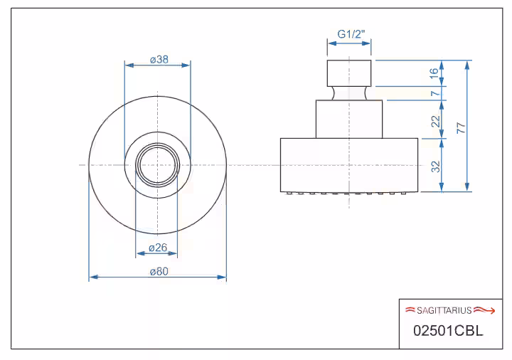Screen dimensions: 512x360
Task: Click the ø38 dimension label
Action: [x=159, y=60]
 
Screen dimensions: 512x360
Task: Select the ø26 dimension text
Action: [x=158, y=248]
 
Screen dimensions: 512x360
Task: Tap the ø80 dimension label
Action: [x=159, y=272]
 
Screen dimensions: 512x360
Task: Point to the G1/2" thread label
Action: [x=351, y=34]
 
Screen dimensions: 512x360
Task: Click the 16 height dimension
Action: [x=434, y=73]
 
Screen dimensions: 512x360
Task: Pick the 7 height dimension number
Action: [x=434, y=93]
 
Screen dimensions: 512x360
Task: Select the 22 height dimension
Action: [x=436, y=121]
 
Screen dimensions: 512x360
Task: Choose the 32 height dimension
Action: [x=436, y=166]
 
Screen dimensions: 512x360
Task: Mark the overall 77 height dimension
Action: [x=461, y=128]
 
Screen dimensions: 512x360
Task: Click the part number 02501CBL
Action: [x=448, y=331]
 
